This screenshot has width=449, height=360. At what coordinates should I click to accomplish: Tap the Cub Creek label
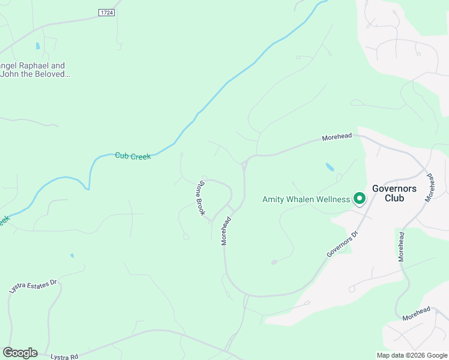[x=133, y=156]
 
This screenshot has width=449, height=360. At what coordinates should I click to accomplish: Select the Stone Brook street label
[x=202, y=197]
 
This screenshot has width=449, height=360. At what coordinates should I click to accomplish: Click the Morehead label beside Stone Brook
[x=226, y=231]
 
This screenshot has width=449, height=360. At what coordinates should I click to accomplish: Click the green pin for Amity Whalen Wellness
[x=360, y=197]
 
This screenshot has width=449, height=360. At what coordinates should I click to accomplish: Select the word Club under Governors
[x=394, y=198]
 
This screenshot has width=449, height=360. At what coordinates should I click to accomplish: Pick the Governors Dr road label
[x=342, y=244]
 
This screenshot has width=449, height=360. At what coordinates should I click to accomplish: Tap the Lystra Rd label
[x=65, y=356]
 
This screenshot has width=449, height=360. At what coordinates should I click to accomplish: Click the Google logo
[x=20, y=353]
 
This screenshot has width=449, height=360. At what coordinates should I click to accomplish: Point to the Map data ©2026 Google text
[x=412, y=355]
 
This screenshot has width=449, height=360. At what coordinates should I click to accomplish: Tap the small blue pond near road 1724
[x=38, y=46]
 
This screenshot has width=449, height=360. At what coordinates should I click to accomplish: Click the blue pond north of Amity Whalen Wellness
[x=330, y=167]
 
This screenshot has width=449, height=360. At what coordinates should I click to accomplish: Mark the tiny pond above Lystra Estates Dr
[x=71, y=256]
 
